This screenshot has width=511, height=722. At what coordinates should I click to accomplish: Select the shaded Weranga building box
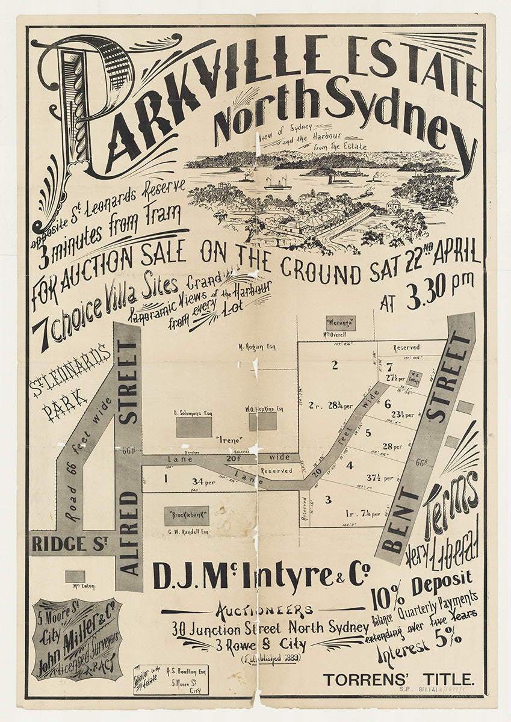(x=341, y=323)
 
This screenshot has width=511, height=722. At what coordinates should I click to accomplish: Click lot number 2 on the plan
(x=335, y=364)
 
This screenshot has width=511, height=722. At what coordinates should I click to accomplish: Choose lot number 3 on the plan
(x=328, y=499)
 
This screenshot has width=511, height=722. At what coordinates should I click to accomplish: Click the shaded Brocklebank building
(x=186, y=516)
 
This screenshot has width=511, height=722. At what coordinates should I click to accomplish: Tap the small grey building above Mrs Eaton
(x=75, y=576)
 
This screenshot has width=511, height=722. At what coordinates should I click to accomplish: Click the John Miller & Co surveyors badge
(x=77, y=639)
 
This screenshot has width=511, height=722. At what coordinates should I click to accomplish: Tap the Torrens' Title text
(x=398, y=680)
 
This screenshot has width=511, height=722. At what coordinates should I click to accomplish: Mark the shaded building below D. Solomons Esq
(x=194, y=427)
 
